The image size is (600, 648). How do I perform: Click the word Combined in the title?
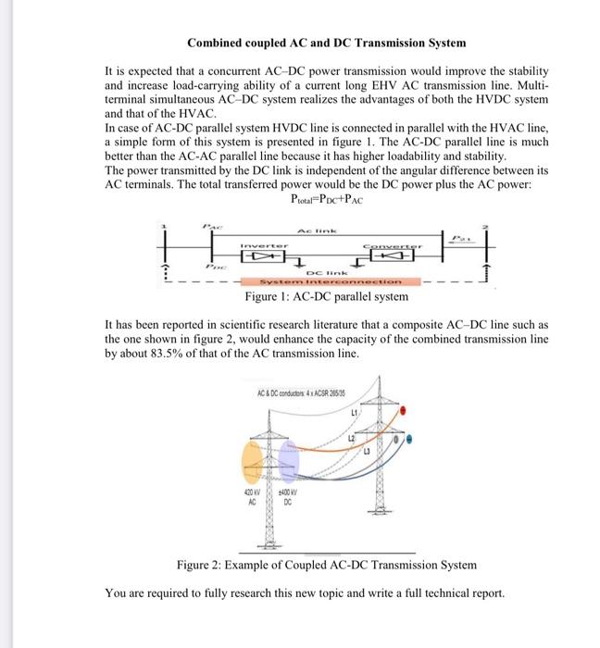[x=217, y=43]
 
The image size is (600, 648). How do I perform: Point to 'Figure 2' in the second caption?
[x=199, y=564]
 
